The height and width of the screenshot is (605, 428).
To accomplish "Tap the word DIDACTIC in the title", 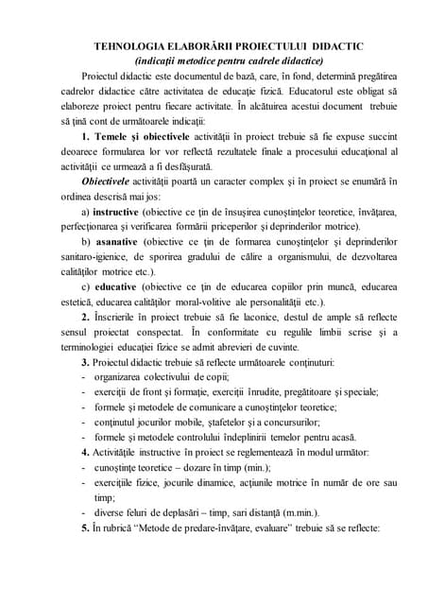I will coord(342,45).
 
